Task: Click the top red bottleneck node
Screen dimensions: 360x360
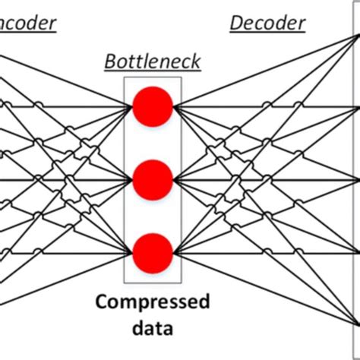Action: [x=153, y=107]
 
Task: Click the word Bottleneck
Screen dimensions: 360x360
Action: [x=153, y=62]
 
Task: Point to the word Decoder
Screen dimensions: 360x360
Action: [x=267, y=23]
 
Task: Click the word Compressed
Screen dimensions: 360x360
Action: [x=152, y=303]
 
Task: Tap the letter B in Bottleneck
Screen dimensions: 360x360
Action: [x=110, y=62]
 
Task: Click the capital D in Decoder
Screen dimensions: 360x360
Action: [x=235, y=23]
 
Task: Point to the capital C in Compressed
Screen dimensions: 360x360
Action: [x=101, y=303]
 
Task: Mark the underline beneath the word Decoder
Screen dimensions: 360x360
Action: [x=267, y=33]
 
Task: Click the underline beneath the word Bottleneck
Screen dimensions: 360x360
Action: [x=153, y=71]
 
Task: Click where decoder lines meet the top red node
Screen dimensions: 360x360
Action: [x=174, y=107]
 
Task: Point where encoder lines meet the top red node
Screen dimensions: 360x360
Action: [x=132, y=107]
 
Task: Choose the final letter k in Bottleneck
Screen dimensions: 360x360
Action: [x=197, y=62]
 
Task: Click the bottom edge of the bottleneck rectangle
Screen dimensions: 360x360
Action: [x=153, y=283]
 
